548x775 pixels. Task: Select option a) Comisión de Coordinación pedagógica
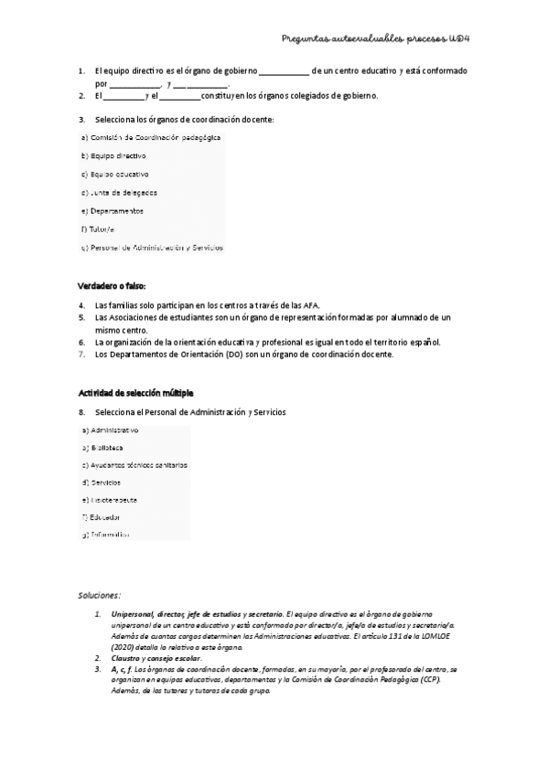(151, 137)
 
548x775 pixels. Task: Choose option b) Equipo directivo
(113, 155)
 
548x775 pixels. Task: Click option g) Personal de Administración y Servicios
(153, 247)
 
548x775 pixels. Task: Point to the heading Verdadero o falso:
(113, 286)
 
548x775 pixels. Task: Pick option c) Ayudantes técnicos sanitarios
(134, 464)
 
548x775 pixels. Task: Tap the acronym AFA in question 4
(310, 304)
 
